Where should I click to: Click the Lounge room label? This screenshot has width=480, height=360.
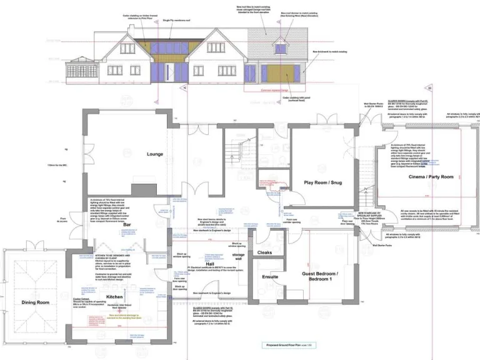pyautogui.click(x=155, y=153)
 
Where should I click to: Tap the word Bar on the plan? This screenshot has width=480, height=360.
pyautogui.click(x=127, y=224)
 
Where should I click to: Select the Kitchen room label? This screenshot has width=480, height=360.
pyautogui.click(x=114, y=296)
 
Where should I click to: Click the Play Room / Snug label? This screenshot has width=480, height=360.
pyautogui.click(x=323, y=182)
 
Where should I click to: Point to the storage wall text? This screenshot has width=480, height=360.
pyautogui.click(x=238, y=257)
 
